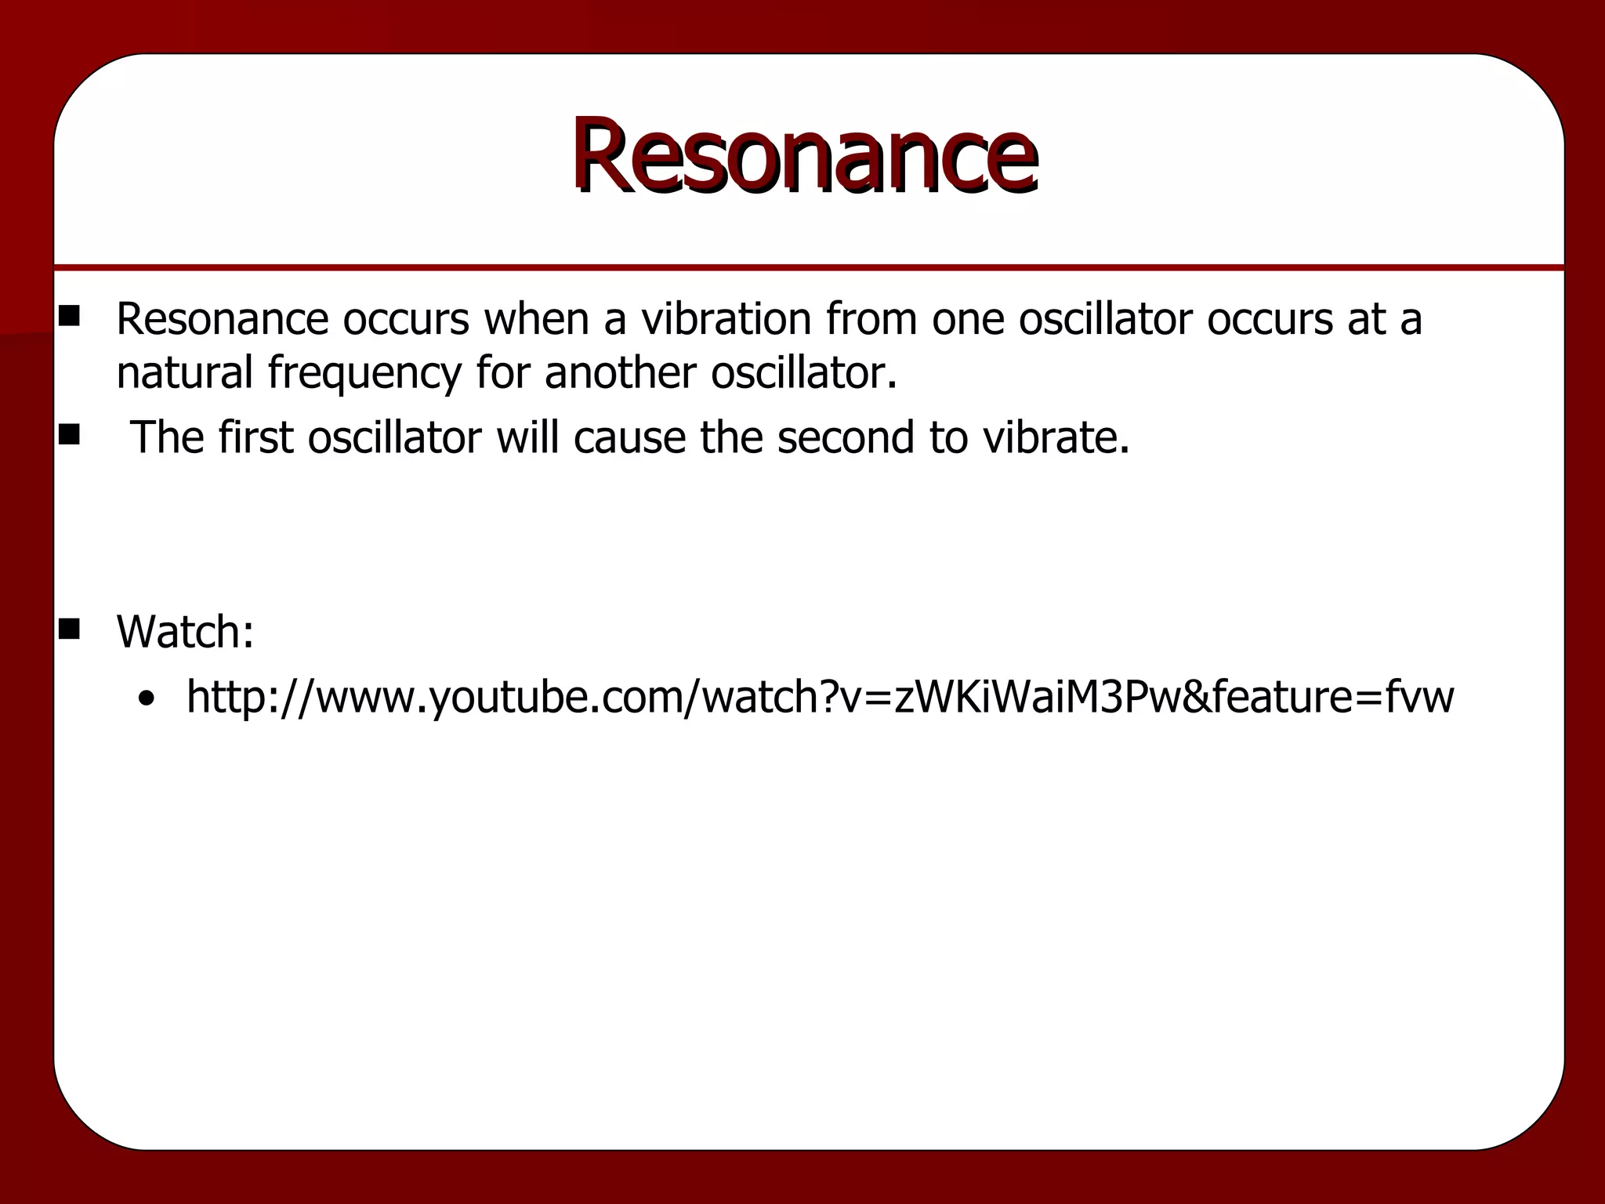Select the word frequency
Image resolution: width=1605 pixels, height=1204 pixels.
click(x=364, y=373)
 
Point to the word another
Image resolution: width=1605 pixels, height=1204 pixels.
click(x=620, y=372)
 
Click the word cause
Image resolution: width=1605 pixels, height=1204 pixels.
click(x=629, y=437)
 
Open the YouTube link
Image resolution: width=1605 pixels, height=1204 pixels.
click(x=820, y=696)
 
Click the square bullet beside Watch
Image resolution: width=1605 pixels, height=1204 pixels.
click(x=69, y=629)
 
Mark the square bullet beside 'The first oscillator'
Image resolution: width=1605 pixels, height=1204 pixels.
click(x=69, y=434)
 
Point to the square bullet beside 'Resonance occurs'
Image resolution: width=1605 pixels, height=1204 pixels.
click(x=69, y=316)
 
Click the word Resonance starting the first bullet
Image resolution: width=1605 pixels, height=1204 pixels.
click(x=222, y=319)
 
